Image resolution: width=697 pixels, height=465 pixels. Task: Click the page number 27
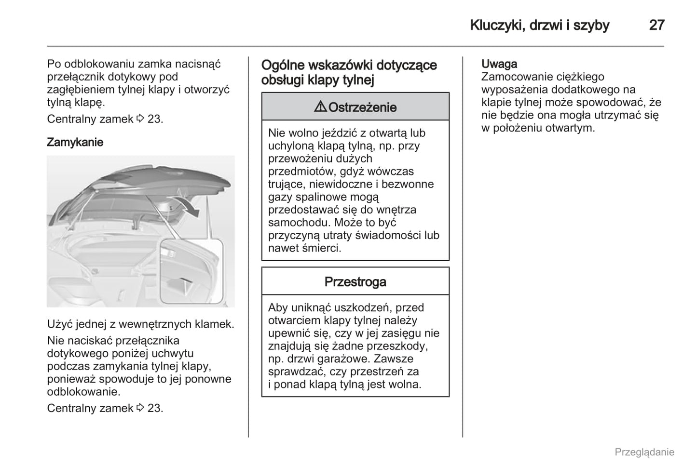click(x=656, y=25)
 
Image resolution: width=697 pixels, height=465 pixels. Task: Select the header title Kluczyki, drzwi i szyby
click(x=539, y=25)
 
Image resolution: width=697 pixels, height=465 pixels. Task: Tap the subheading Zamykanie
click(x=75, y=142)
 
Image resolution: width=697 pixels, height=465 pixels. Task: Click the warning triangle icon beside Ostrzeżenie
click(x=320, y=107)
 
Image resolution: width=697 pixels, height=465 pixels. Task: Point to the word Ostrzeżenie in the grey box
click(x=362, y=107)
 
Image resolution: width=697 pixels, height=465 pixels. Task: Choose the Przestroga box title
click(x=355, y=281)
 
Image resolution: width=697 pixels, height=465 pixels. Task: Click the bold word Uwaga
click(x=499, y=64)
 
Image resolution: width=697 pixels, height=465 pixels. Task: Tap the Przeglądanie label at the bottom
click(x=644, y=452)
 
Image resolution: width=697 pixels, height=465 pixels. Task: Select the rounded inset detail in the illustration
click(x=191, y=271)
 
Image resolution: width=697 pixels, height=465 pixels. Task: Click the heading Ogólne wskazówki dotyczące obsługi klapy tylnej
click(x=349, y=72)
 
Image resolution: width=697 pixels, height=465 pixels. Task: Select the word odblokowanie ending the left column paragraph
click(x=82, y=392)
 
